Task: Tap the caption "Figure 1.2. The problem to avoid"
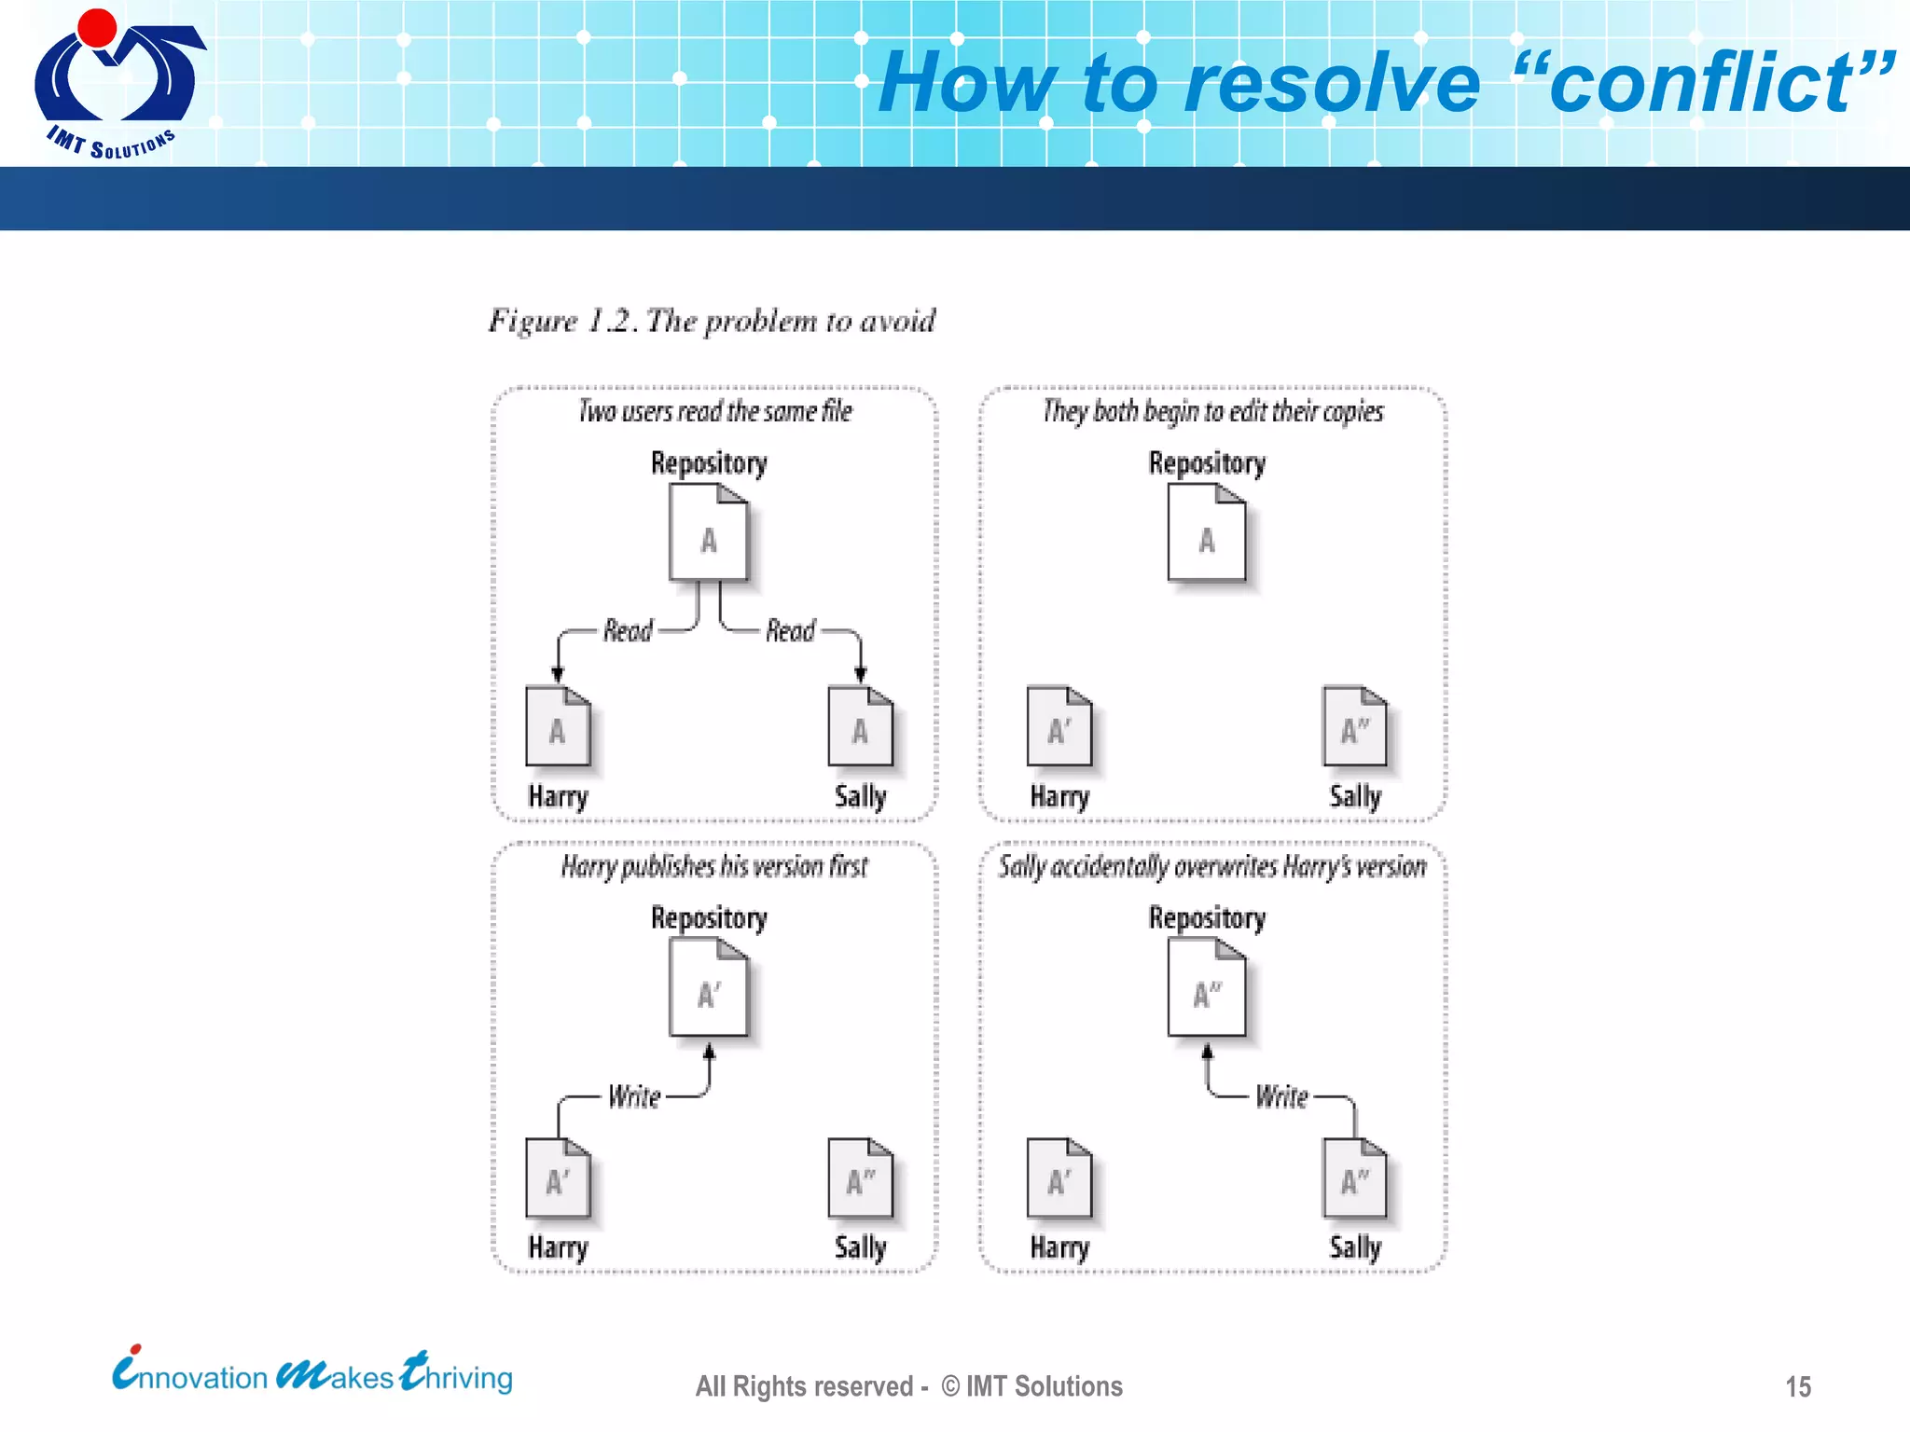click(712, 321)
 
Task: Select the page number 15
click(1797, 1386)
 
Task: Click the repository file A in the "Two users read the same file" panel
click(709, 533)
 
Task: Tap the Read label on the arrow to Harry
click(628, 631)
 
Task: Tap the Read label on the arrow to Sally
click(790, 631)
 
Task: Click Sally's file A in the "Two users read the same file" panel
click(860, 726)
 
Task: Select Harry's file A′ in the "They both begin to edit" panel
click(1059, 726)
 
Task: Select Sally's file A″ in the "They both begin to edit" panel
click(1354, 726)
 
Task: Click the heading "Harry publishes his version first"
click(713, 866)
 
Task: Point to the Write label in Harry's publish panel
click(634, 1096)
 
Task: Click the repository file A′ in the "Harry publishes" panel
click(709, 988)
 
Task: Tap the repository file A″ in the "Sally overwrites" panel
click(1207, 988)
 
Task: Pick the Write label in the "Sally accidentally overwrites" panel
click(1281, 1096)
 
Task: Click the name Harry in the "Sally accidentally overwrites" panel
click(1059, 1247)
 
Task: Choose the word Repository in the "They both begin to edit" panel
click(1207, 463)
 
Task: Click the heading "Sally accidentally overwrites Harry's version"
click(1212, 866)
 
